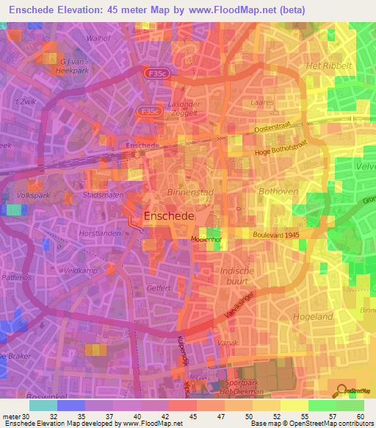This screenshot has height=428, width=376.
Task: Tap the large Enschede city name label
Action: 168,217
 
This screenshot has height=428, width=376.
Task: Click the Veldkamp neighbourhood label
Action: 81,271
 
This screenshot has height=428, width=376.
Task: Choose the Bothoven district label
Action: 276,190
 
